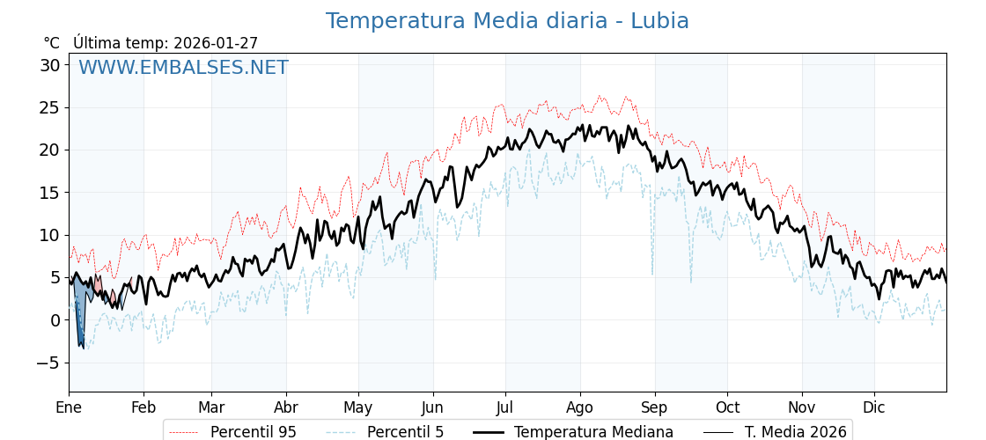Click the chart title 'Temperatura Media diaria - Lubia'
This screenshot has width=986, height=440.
pos(507,21)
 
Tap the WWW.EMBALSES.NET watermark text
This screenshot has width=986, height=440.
pos(183,68)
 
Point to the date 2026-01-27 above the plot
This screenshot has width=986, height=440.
pos(216,43)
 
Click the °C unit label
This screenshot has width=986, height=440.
pos(51,43)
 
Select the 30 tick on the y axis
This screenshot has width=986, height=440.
pos(49,65)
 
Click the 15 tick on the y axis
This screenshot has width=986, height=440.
pos(49,193)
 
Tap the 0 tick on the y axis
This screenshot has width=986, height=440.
pos(55,320)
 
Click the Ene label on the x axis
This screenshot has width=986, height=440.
pos(69,407)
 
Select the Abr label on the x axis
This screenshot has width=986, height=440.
pos(286,407)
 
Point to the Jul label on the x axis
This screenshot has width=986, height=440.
pos(505,407)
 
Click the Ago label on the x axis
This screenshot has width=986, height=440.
pos(580,407)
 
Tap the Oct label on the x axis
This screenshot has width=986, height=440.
pos(727,407)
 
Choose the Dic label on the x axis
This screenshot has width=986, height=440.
pos(874,407)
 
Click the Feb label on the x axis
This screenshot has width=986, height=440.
pos(143,407)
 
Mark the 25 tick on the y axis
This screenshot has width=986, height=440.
pos(49,107)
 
